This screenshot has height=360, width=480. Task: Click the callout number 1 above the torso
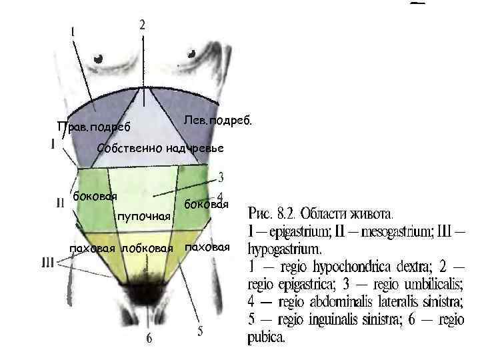(73, 31)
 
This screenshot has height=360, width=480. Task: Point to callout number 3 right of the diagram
(221, 178)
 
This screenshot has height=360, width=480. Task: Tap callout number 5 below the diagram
(199, 331)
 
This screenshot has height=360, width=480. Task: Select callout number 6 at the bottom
(149, 339)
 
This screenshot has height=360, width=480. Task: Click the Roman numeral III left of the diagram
(48, 263)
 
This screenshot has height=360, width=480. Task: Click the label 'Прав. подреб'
(94, 127)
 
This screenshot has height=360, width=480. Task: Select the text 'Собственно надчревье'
(160, 147)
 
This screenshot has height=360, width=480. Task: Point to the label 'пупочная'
(144, 217)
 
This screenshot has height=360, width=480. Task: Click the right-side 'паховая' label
(207, 247)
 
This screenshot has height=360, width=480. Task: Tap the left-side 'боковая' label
(95, 196)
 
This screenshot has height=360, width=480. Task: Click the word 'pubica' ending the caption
(266, 337)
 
